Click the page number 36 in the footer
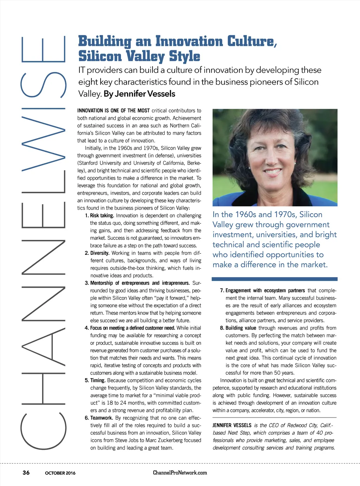coord(26,472)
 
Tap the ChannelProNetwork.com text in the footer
coord(180,473)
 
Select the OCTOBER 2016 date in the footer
coord(60,473)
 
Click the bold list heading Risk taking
coord(102,215)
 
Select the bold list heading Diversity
coord(100,253)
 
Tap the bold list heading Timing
coord(98,380)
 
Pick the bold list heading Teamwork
coord(101,418)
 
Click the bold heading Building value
coord(241,328)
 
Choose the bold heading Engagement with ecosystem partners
coord(265,291)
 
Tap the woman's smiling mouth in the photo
coord(272,172)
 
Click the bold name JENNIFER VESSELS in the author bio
coord(232,425)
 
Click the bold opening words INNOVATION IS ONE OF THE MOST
coord(113,111)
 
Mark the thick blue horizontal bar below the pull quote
coord(274,279)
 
